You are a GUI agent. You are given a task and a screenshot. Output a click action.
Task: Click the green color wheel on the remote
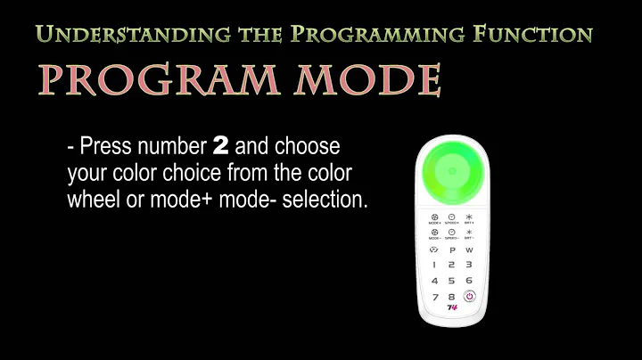pos(451,171)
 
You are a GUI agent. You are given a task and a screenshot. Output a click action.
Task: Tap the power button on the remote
pos(469,296)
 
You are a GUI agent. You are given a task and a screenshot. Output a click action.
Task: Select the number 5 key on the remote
pos(452,281)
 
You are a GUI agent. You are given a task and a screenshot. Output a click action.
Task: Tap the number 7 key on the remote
pos(434,297)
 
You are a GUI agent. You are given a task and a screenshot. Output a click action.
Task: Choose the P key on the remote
pos(451,250)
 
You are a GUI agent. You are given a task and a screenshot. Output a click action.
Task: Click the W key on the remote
pos(469,250)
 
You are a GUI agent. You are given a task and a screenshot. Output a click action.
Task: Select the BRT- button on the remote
pos(469,234)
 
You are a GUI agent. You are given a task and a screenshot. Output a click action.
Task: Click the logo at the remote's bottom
pos(452,308)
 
